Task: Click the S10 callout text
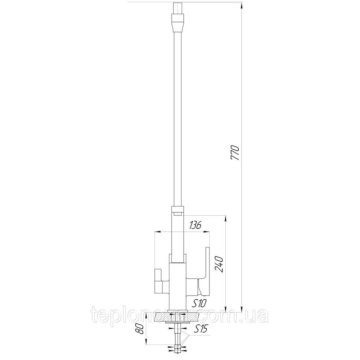click(198, 303)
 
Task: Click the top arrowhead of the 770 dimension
click(241, 5)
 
